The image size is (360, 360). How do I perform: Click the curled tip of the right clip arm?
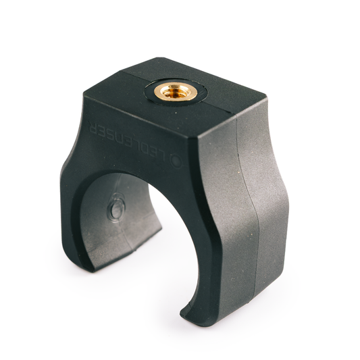point(186,312)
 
